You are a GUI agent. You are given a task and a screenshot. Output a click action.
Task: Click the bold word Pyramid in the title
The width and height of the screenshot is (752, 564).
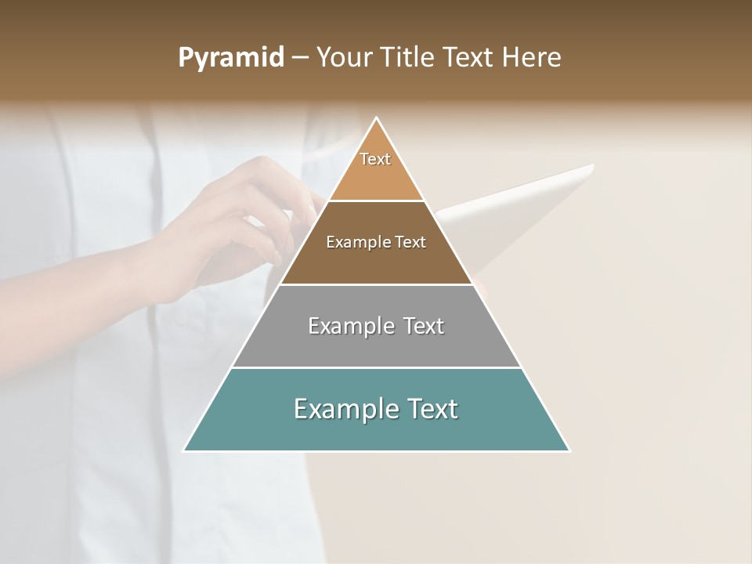pos(231,58)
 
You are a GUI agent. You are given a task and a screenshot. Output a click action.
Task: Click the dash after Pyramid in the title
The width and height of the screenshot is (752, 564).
pos(300,58)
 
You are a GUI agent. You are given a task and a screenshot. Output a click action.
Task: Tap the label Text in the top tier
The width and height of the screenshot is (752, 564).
pos(375,159)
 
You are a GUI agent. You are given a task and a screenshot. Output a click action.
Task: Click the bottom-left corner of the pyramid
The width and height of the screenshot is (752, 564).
pos(184,450)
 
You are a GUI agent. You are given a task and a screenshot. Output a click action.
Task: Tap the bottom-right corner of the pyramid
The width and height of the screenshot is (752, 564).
pos(569,450)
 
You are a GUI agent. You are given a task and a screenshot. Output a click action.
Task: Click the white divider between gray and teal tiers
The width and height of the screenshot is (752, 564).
pos(376,367)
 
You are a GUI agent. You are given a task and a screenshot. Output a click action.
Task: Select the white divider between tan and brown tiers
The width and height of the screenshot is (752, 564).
pos(376,201)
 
